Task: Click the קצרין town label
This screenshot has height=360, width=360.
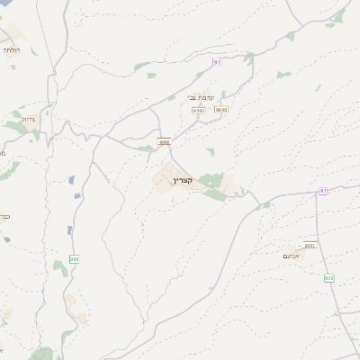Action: coord(170,180)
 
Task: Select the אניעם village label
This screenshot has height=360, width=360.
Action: coord(291,255)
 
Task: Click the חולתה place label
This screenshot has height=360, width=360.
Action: coord(13,49)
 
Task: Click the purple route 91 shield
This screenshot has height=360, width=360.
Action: coord(216,62)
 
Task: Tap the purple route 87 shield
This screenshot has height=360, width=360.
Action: coord(322,191)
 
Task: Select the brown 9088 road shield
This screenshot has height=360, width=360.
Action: coord(164,141)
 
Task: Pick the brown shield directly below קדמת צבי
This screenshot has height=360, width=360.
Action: coord(199,110)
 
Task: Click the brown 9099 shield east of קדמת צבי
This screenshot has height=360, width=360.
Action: coord(221,109)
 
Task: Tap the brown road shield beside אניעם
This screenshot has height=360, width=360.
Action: coord(310,245)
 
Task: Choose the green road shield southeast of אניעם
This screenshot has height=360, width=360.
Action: coord(329,278)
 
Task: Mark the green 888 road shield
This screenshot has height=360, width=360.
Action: coord(74,259)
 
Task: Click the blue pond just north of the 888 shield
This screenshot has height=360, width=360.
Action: coord(69,230)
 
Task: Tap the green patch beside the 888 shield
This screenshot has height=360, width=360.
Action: coord(60,267)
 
